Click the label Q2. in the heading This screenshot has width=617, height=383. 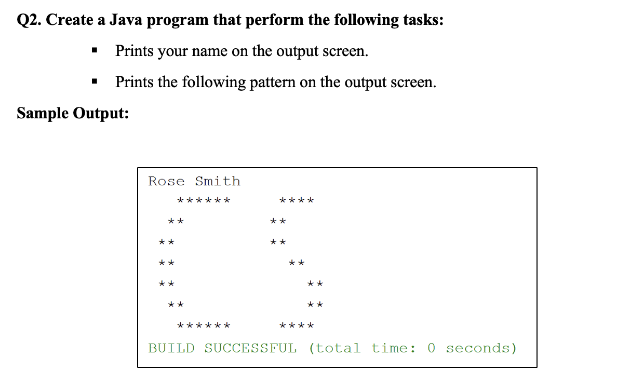click(x=29, y=21)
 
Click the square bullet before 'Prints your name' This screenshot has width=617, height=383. click(x=94, y=51)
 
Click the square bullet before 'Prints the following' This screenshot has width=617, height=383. click(x=94, y=82)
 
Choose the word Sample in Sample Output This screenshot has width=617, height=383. click(x=43, y=113)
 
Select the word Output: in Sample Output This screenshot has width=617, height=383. click(x=101, y=113)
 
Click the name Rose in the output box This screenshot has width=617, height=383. click(x=166, y=181)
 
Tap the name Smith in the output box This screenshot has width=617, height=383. click(x=218, y=181)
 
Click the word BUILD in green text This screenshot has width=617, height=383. click(x=171, y=348)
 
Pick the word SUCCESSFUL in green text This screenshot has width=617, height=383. click(x=250, y=348)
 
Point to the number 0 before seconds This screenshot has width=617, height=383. click(x=431, y=348)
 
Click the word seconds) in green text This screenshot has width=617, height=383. click(x=481, y=348)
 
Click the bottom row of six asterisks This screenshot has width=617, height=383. click(x=204, y=326)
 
